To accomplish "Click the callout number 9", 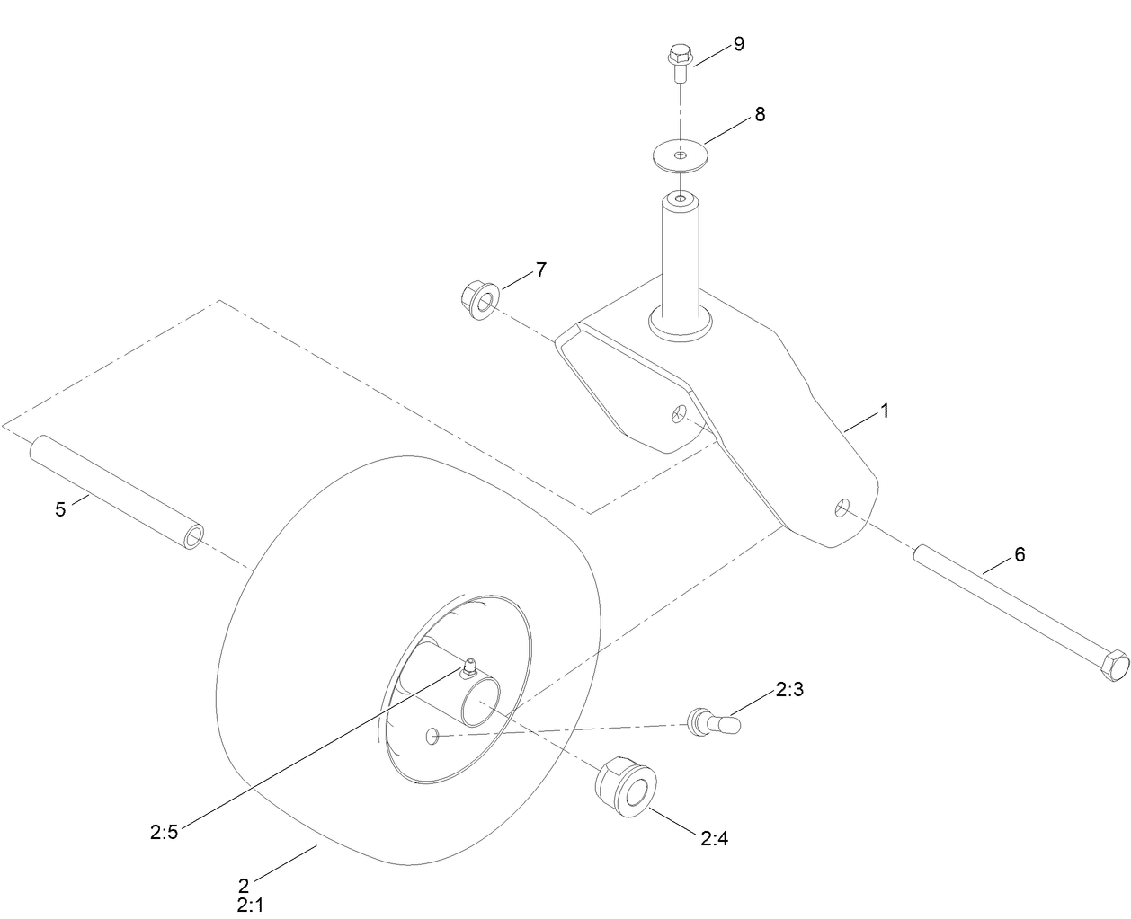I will (738, 44).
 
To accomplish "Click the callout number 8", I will (760, 115).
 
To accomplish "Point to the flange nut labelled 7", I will (478, 299).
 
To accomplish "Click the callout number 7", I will (540, 269).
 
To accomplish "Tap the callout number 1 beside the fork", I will (885, 411).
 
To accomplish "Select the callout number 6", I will (1020, 554).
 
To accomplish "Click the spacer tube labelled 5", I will (117, 495).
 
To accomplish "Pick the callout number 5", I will (60, 509).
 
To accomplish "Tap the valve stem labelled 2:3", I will (709, 721).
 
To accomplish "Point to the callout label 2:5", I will (165, 832).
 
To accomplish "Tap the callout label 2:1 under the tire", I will (251, 906).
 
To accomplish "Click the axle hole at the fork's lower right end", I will (842, 508).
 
